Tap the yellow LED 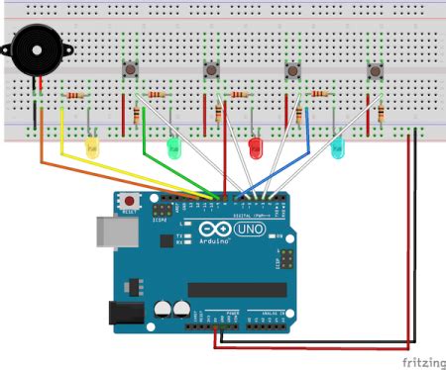click(x=92, y=148)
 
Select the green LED click(x=174, y=148)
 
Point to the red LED click(x=256, y=148)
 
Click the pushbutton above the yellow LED click(x=130, y=69)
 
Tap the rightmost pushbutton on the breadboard click(x=377, y=70)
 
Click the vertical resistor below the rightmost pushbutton click(x=381, y=115)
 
